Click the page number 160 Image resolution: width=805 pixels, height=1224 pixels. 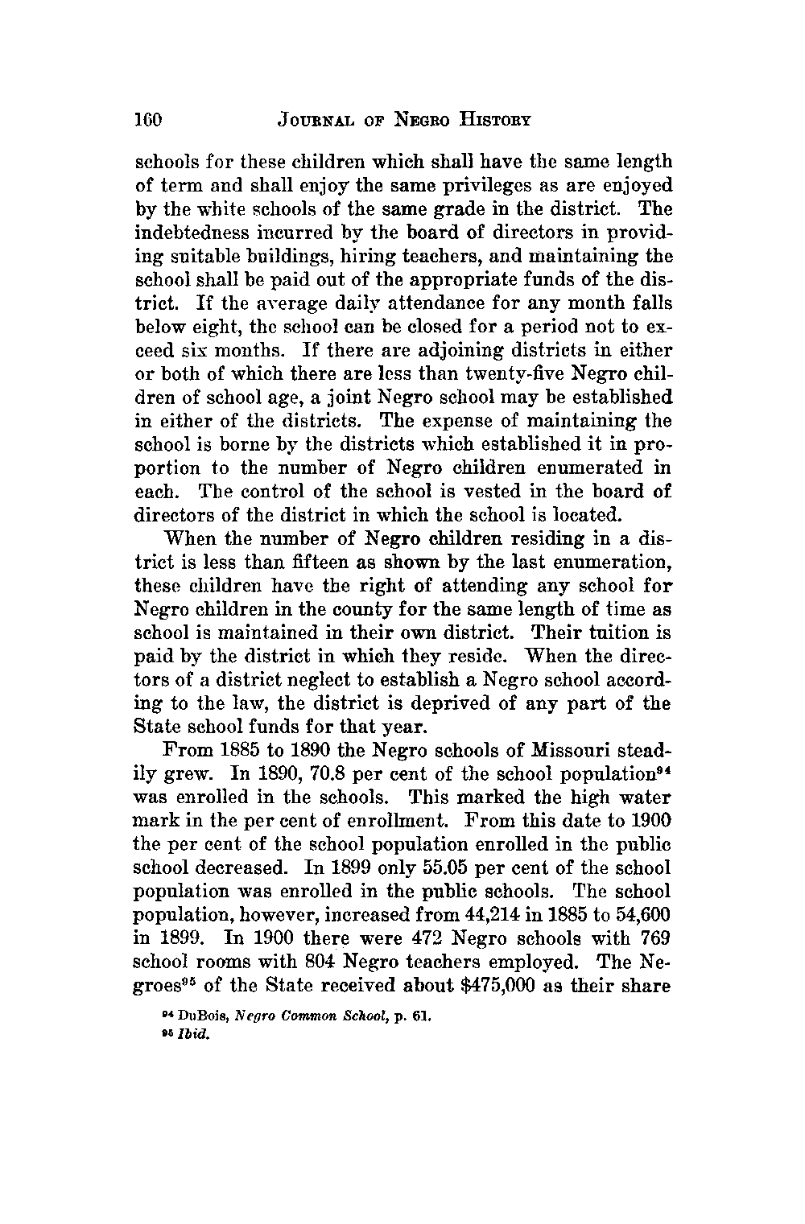pos(148,121)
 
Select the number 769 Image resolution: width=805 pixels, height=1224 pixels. pos(654,939)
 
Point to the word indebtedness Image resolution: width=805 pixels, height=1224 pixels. pos(186,233)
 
